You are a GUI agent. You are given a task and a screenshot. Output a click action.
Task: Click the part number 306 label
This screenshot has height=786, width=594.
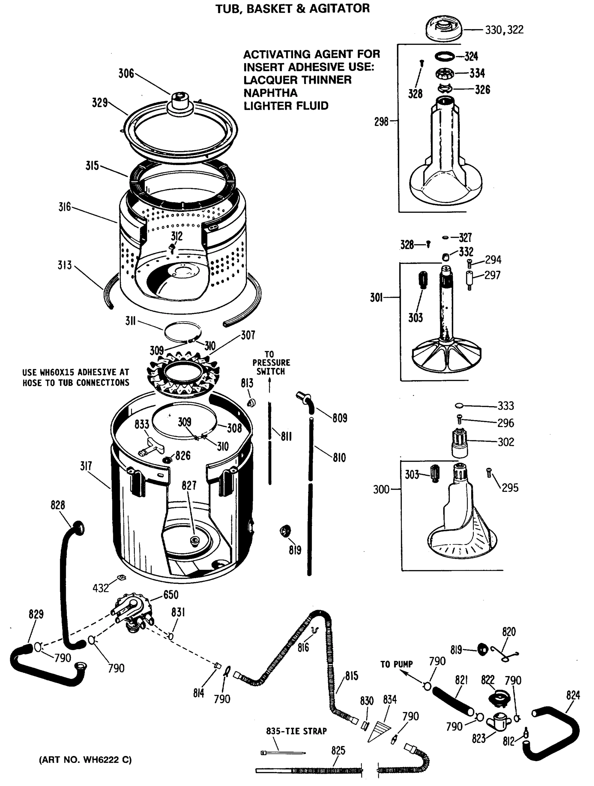point(126,74)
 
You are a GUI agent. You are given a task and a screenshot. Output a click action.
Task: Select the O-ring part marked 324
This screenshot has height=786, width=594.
point(444,56)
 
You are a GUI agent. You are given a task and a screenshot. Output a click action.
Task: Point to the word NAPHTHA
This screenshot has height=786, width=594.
point(270,93)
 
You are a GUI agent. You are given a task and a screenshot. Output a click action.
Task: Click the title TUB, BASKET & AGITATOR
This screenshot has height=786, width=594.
point(292,8)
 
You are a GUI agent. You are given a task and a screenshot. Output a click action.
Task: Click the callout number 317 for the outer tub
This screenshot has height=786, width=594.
point(86,466)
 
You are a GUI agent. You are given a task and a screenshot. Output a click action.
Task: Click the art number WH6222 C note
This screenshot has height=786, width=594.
point(85,760)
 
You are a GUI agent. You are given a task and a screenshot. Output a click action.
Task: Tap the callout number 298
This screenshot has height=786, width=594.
point(381,122)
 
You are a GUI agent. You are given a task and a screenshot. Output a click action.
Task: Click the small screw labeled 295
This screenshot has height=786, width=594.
point(489,473)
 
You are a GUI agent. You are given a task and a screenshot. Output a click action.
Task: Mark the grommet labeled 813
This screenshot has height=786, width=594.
point(251,402)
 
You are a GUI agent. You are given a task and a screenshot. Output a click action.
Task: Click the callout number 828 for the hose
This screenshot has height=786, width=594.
point(58,505)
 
